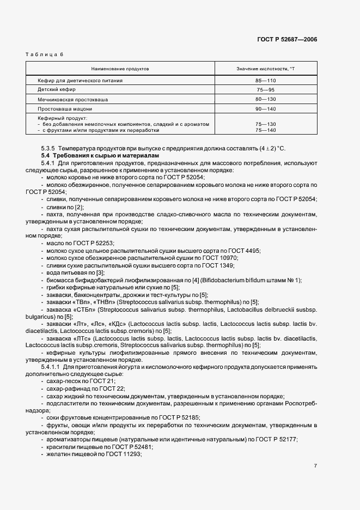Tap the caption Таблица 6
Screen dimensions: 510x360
pyautogui.click(x=45, y=55)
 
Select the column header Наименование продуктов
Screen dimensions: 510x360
pyautogui.click(x=120, y=69)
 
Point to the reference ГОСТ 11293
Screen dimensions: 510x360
pyautogui.click(x=124, y=454)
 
